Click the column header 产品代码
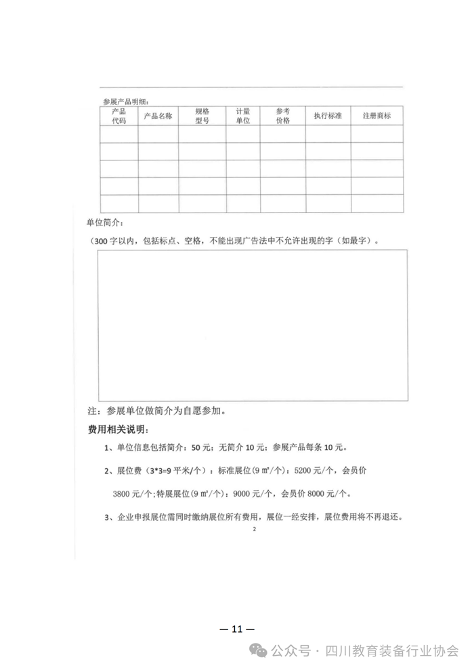click(x=118, y=116)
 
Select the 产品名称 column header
click(x=158, y=116)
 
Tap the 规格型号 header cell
click(x=202, y=116)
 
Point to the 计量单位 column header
click(x=242, y=116)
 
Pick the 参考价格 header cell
click(x=282, y=116)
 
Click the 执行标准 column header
click(x=328, y=116)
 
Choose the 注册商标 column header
click(x=376, y=116)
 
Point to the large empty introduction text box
click(x=253, y=325)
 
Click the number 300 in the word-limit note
click(x=100, y=240)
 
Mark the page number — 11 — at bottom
click(x=237, y=629)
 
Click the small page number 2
click(x=253, y=530)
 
